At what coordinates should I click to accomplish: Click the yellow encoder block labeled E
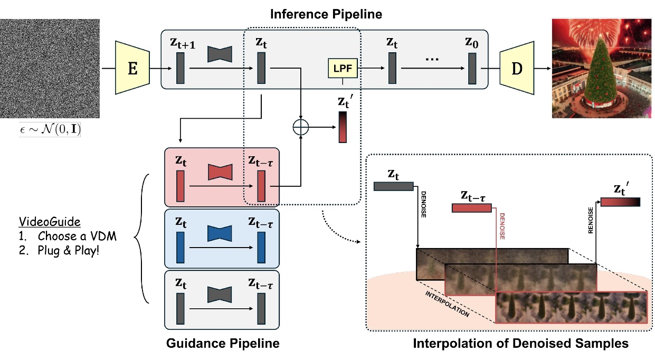132,69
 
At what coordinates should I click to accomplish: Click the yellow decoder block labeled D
517,69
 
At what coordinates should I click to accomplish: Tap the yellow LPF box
343,69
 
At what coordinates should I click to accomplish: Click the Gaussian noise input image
50,69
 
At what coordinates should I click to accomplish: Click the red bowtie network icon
220,172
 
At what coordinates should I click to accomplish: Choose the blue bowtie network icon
220,233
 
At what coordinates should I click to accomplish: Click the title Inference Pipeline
326,14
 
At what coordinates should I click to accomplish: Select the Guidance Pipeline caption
222,344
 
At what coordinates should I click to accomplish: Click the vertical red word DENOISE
502,226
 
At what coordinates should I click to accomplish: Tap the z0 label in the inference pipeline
473,43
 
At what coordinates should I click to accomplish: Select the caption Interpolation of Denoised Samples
520,344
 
